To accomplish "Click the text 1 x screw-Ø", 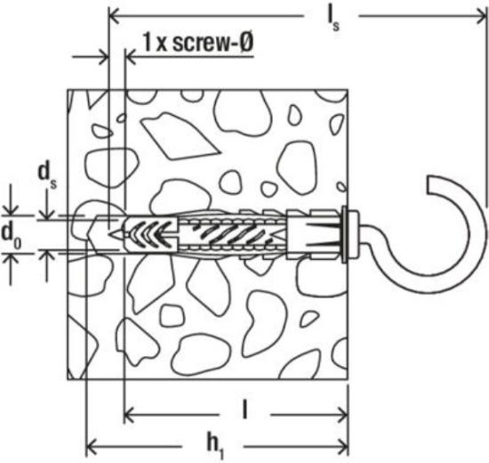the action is (197, 42).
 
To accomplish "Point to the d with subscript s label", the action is (47, 175).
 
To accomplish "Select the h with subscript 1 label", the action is (215, 446).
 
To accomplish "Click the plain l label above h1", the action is (245, 410).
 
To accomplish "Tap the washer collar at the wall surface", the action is (344, 234).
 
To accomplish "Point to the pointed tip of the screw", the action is (109, 233).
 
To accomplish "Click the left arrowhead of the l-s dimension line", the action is (113, 16).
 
